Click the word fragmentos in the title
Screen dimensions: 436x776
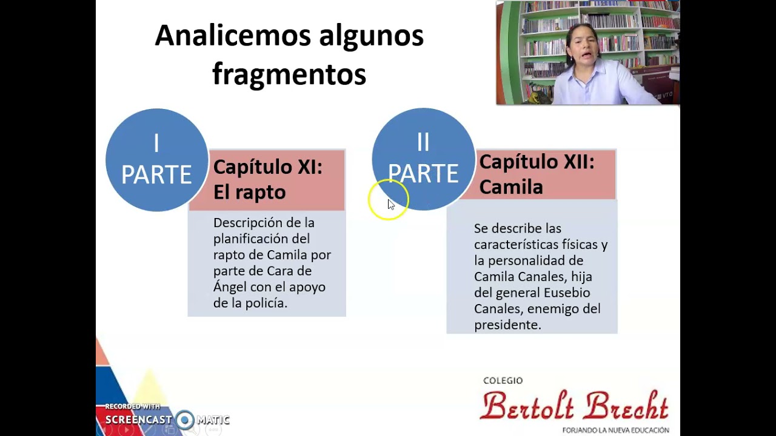tap(289, 74)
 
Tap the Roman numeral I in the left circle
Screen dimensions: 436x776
tap(156, 144)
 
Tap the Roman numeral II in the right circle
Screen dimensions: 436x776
tap(423, 142)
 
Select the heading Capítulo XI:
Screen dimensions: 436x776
tap(267, 167)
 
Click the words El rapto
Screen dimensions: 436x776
tap(249, 192)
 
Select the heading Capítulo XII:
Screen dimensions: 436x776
tap(537, 162)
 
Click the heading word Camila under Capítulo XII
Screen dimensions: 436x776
tap(510, 187)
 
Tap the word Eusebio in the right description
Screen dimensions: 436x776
tap(566, 292)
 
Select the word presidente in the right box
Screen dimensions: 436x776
tap(506, 325)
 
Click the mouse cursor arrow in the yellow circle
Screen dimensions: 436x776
tap(390, 204)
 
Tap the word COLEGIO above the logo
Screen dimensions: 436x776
tap(503, 380)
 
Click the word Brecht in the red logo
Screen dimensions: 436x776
tap(626, 406)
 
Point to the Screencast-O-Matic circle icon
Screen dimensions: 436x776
tap(185, 420)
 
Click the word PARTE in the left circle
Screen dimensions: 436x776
tap(156, 174)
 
